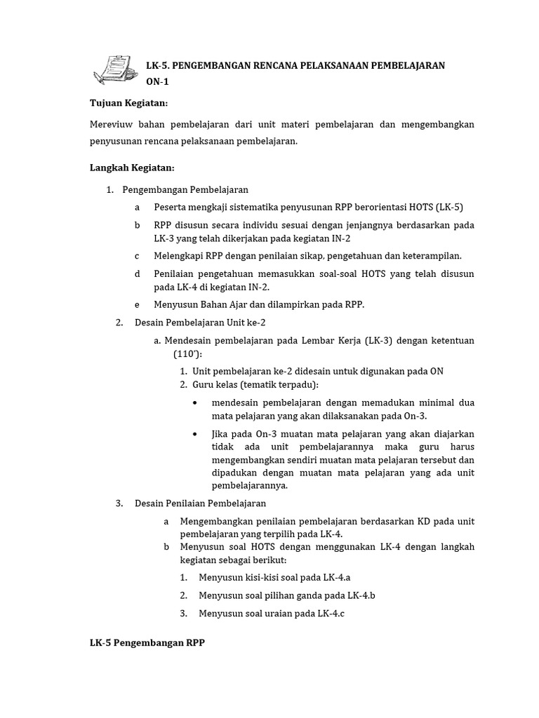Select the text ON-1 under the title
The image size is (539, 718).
[157, 81]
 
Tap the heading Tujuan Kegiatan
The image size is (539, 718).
[129, 103]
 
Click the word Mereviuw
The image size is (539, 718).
[112, 124]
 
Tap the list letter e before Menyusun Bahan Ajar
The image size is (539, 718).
[138, 304]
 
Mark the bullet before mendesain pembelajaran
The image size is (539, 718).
[194, 403]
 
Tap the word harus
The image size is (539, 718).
[461, 447]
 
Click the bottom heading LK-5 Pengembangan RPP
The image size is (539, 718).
[147, 643]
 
